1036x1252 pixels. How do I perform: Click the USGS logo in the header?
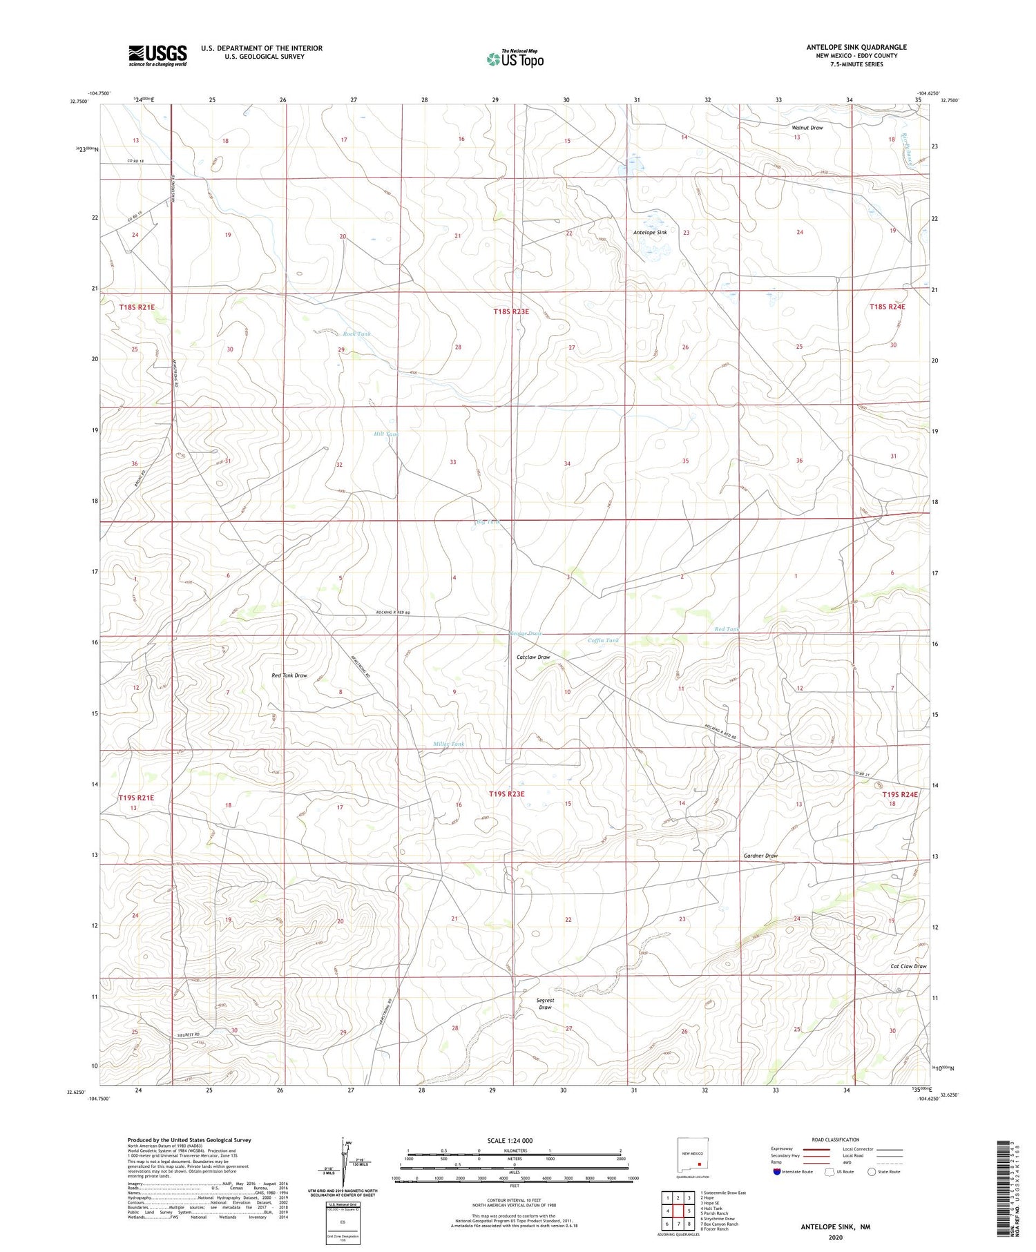pos(157,55)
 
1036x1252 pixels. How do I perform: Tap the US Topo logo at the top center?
pos(515,59)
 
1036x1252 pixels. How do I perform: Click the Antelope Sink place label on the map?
pos(650,233)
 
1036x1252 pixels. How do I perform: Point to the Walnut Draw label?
pos(807,128)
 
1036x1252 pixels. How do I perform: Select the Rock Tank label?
pos(356,334)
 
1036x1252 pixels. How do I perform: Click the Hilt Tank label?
pos(386,434)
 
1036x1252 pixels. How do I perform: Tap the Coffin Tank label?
pos(603,640)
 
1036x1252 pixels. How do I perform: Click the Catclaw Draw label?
pos(533,657)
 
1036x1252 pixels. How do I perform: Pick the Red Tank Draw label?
pos(289,675)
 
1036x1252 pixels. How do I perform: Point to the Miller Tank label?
pos(448,744)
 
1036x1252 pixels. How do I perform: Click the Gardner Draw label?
pos(760,856)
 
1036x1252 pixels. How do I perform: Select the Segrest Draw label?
pos(545,1003)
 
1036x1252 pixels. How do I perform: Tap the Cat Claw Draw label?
pos(908,966)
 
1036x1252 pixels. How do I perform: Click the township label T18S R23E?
pos(510,311)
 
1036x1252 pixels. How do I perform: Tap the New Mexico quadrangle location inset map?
pos(693,1157)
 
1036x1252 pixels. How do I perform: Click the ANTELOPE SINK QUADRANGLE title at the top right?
pos(856,47)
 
